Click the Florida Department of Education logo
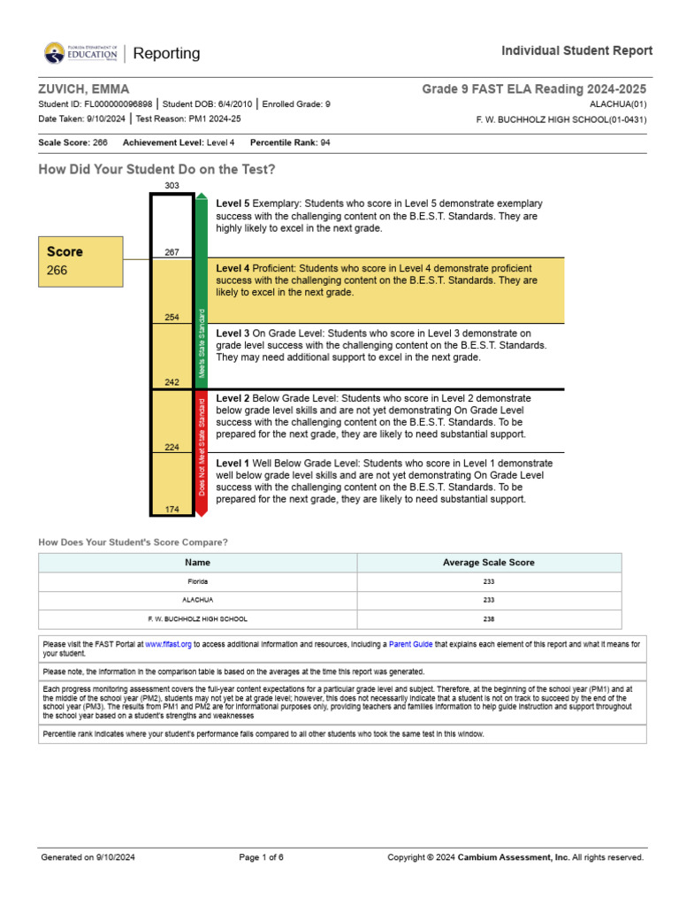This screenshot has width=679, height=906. [x=80, y=53]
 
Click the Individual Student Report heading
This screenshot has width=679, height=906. [x=576, y=50]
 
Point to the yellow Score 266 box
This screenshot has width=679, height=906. [x=80, y=262]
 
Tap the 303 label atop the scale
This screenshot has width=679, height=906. [x=172, y=185]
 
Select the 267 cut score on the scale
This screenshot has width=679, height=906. [x=172, y=252]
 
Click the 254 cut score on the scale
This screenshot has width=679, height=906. [x=172, y=317]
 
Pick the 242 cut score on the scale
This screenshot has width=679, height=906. [x=172, y=382]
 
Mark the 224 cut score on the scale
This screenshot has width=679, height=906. [x=172, y=447]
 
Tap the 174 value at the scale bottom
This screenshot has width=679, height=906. [x=172, y=509]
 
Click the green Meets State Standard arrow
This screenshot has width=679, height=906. [x=202, y=292]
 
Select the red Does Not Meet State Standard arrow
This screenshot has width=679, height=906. [x=202, y=453]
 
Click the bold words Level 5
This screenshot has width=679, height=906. [x=233, y=203]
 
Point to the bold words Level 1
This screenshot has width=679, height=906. [x=233, y=463]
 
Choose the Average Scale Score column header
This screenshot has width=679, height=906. [x=488, y=563]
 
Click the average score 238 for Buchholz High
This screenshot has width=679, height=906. [x=488, y=619]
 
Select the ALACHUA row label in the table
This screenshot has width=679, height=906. [x=197, y=600]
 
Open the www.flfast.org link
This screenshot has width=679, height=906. [x=167, y=644]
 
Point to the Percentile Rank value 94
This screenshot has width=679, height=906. [x=324, y=142]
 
